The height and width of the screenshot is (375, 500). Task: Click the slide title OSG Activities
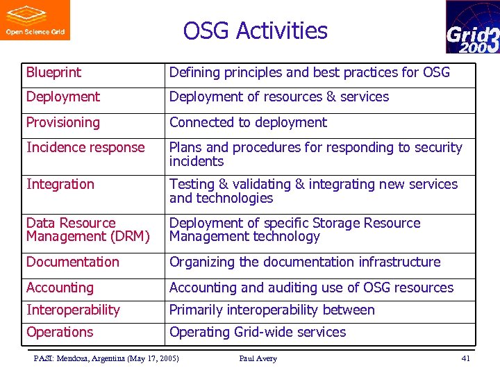pyautogui.click(x=255, y=31)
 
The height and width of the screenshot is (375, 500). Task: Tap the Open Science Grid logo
pyautogui.click(x=35, y=20)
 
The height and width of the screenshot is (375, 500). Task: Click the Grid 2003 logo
pyautogui.click(x=472, y=27)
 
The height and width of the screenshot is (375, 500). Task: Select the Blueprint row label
pyautogui.click(x=53, y=72)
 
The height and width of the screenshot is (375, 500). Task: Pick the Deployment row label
pyautogui.click(x=63, y=97)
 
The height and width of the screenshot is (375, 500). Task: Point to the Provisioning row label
pyautogui.click(x=63, y=123)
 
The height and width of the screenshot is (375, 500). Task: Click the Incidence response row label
pyautogui.click(x=85, y=148)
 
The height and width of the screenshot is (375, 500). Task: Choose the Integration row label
pyautogui.click(x=60, y=185)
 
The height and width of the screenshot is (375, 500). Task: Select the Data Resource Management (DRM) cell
pyautogui.click(x=87, y=230)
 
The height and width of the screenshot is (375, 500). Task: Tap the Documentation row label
pyautogui.click(x=73, y=262)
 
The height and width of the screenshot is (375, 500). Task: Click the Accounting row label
pyautogui.click(x=60, y=288)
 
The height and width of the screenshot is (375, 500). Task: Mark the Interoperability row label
pyautogui.click(x=73, y=310)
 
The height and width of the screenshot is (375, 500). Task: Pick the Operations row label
pyautogui.click(x=60, y=333)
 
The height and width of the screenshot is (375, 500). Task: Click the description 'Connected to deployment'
pyautogui.click(x=248, y=123)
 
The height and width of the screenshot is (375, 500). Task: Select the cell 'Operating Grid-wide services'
pyautogui.click(x=258, y=333)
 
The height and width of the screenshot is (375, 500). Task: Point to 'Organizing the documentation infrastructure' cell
pyautogui.click(x=305, y=262)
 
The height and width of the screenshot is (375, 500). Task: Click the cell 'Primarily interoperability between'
pyautogui.click(x=272, y=310)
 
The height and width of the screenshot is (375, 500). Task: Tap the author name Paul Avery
pyautogui.click(x=258, y=359)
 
